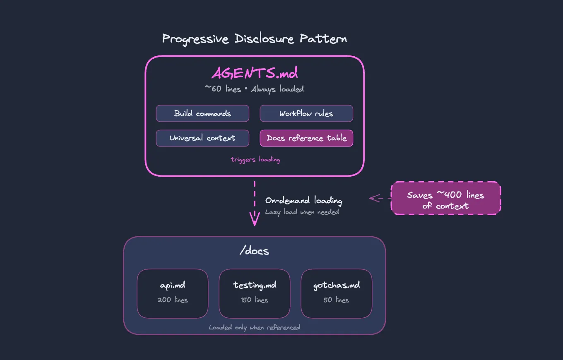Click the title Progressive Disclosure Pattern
[x=254, y=39]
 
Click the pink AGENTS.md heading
[x=254, y=73]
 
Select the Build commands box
[x=202, y=113]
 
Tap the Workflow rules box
[x=306, y=113]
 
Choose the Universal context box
[x=202, y=138]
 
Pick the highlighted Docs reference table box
[x=306, y=138]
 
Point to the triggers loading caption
[x=255, y=160]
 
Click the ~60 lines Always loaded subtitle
[x=254, y=89]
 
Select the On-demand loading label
[x=303, y=201]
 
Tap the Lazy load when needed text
[x=302, y=212]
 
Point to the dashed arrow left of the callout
[x=379, y=198]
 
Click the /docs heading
[x=254, y=251]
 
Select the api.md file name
[x=173, y=286]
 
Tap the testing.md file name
[x=254, y=285]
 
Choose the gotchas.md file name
[x=336, y=285]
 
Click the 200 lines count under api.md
[x=173, y=300]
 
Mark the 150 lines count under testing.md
[x=254, y=300]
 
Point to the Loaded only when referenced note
[x=254, y=328]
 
